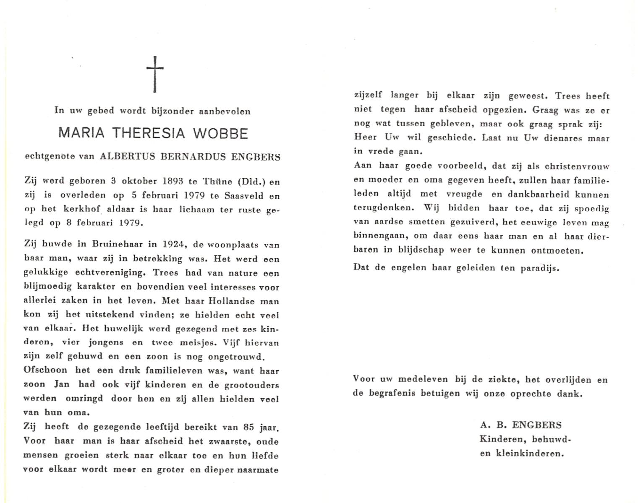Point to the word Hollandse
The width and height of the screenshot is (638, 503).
233,301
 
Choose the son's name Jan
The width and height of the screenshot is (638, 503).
61,384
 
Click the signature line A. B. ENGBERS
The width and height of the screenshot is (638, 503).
521,425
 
